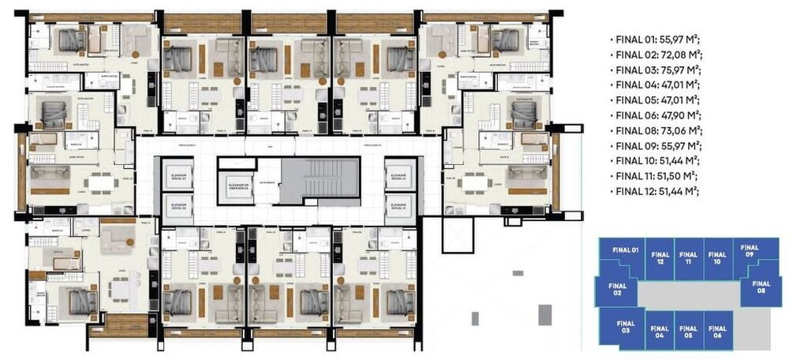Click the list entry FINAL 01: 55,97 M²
pyautogui.click(x=656, y=39)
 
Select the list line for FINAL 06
pyautogui.click(x=656, y=115)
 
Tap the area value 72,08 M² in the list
pyautogui.click(x=680, y=54)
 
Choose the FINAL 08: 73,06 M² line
pyautogui.click(x=656, y=130)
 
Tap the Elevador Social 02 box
pyautogui.click(x=177, y=207)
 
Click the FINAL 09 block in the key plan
pyautogui.click(x=750, y=254)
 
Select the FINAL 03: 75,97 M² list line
pyautogui.click(x=656, y=69)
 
